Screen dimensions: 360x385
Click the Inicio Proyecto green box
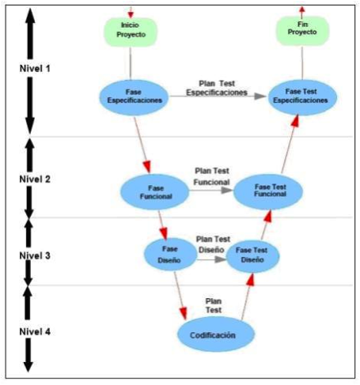131,32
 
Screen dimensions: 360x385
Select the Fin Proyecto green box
302,31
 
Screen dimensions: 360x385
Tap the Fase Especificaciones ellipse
134,97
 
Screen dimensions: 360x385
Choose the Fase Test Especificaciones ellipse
302,97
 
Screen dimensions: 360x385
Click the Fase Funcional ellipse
155,192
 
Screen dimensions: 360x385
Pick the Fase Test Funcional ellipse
268,191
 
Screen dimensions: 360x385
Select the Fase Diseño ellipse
170,255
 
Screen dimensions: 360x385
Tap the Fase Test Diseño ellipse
253,256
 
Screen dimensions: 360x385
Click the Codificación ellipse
216,334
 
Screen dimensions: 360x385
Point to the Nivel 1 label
35,69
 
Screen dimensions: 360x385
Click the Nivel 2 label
35,179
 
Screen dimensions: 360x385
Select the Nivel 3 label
35,255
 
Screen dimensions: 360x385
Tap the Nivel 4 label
35,332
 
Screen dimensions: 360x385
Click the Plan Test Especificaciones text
217,88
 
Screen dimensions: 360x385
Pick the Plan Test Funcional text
212,176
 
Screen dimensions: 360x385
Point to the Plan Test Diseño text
213,244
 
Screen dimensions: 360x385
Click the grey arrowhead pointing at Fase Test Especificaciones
260,96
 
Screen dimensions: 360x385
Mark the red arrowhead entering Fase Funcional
147,168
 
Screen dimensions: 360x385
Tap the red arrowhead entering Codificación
184,313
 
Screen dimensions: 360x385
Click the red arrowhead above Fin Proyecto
302,9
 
